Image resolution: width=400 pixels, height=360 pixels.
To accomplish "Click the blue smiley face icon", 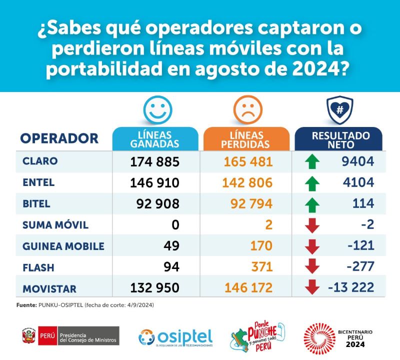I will [x=157, y=110].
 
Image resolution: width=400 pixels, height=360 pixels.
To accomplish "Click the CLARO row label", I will [x=40, y=161].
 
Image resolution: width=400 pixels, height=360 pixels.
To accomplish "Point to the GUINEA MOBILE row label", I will [x=63, y=246].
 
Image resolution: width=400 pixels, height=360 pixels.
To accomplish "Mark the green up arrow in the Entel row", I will [x=312, y=183].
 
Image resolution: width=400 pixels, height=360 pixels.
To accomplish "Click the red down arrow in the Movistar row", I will [x=312, y=287].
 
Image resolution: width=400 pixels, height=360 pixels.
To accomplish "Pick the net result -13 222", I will [x=351, y=288].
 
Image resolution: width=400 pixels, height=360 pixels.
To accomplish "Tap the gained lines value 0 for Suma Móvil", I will [x=175, y=224].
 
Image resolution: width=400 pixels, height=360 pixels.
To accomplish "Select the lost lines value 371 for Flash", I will [x=261, y=267].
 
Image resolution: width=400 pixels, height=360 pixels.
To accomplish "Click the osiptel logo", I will [x=175, y=336].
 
